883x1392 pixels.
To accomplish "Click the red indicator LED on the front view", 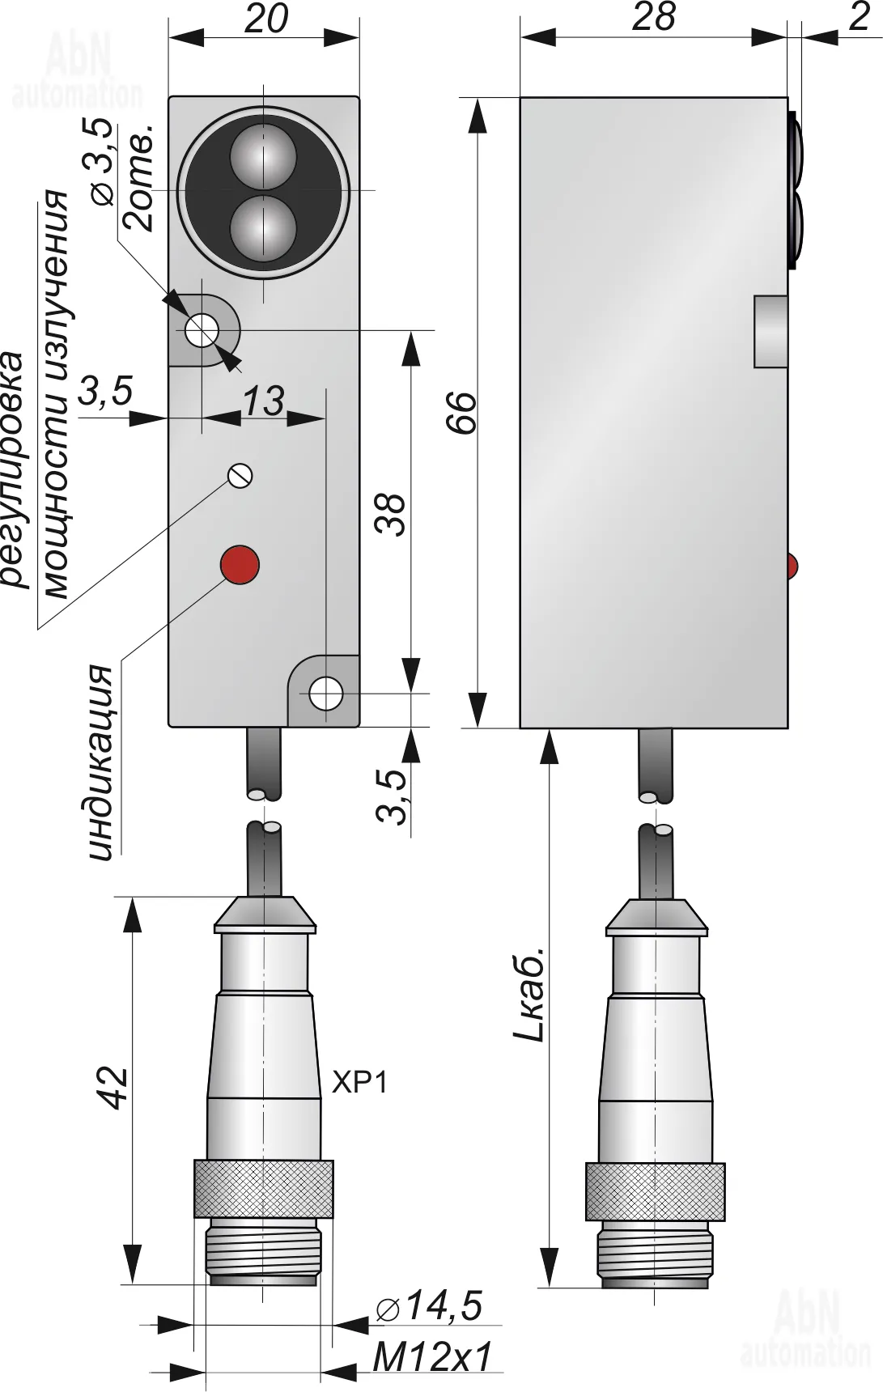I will [x=240, y=564].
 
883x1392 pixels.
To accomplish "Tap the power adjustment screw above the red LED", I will [x=240, y=475].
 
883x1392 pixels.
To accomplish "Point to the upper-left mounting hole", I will [x=200, y=329].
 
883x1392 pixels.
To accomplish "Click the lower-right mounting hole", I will [x=326, y=694].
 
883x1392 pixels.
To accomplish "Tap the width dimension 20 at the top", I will [x=265, y=19].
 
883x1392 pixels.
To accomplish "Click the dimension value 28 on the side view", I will [x=653, y=17].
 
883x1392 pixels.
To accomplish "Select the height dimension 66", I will [x=465, y=413].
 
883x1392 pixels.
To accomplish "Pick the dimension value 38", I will [x=393, y=514].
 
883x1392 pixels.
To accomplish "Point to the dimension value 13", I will [x=264, y=400].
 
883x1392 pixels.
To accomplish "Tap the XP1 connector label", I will [x=360, y=1081].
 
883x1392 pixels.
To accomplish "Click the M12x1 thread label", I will [x=433, y=1356].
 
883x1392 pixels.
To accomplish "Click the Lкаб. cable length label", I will [x=532, y=995].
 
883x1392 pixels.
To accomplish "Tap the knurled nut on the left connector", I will [x=263, y=1188].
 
